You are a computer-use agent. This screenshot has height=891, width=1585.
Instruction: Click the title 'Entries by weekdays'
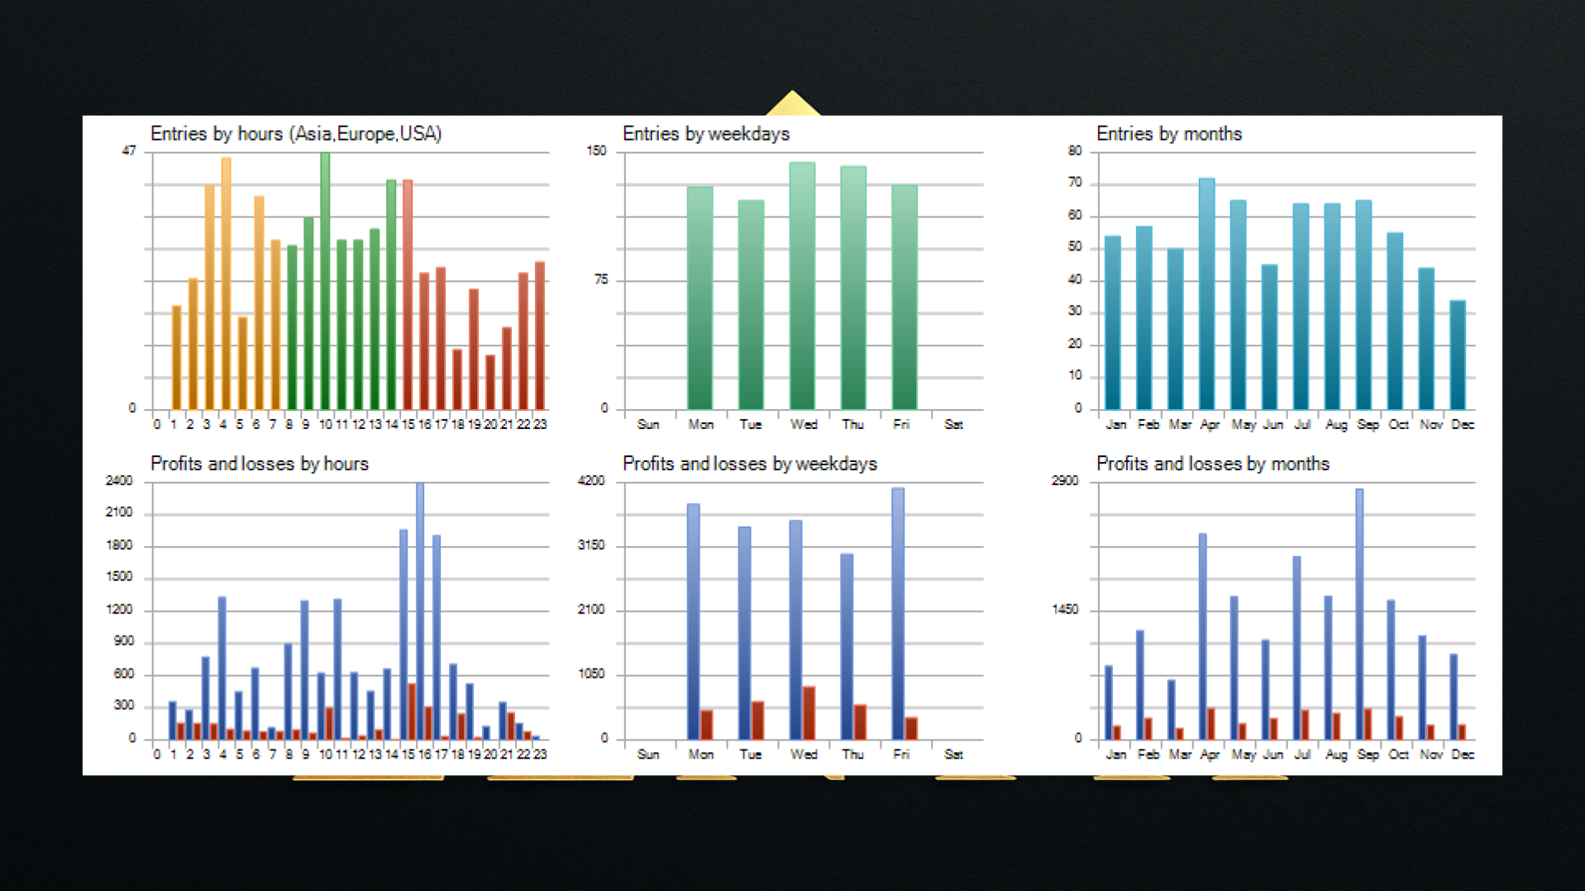(705, 134)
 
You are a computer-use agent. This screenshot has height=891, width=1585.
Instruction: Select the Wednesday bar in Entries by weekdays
(802, 285)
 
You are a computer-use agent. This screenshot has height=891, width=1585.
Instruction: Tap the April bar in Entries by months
(1206, 293)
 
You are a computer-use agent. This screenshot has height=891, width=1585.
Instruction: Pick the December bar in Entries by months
(1457, 355)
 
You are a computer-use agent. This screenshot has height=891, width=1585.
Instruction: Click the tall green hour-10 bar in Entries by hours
(325, 281)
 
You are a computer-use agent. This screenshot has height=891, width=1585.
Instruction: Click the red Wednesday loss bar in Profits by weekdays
(809, 712)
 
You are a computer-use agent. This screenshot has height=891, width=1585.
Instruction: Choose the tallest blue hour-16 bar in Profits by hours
(420, 611)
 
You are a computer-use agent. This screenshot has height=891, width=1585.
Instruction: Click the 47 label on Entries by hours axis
(129, 151)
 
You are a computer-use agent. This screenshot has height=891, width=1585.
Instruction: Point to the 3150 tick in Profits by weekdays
(590, 546)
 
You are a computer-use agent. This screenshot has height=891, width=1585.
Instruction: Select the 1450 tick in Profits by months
(1064, 610)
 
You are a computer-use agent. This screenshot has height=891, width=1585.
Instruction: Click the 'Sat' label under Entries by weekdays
(952, 425)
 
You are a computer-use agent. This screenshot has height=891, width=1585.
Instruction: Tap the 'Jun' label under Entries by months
(1272, 425)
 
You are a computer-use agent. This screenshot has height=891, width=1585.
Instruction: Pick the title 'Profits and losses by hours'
(259, 464)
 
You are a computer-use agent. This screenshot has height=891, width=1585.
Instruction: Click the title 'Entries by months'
(1168, 134)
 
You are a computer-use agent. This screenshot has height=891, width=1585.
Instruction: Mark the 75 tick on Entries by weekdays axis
(600, 280)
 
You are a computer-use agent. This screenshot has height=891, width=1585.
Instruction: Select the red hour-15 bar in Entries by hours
(408, 294)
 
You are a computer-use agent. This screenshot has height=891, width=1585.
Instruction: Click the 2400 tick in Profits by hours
(119, 481)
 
